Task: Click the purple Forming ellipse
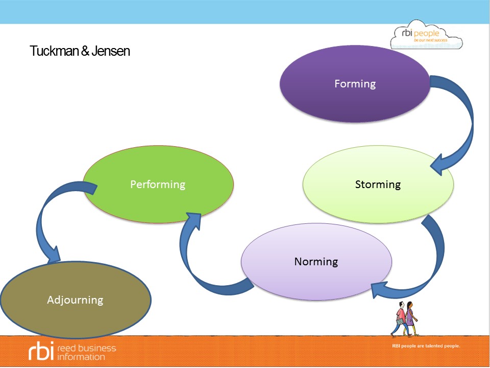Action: (355, 102)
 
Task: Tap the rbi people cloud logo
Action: (426, 37)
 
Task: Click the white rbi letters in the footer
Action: (40, 352)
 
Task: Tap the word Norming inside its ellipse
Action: (316, 262)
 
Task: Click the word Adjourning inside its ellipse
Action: (75, 300)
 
